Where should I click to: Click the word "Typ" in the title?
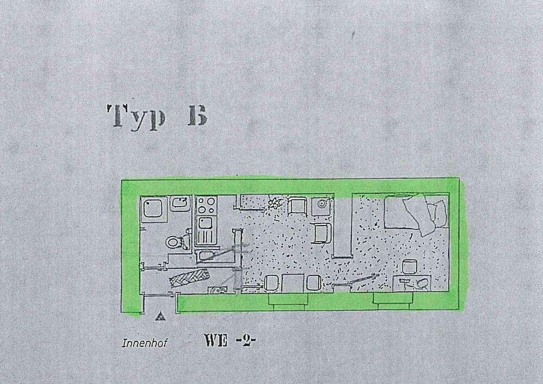click(136, 116)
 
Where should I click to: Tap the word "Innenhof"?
click(140, 343)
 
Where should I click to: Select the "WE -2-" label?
click(230, 341)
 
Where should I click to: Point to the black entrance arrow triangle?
click(160, 316)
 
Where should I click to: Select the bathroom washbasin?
click(180, 204)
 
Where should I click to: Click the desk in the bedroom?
click(412, 281)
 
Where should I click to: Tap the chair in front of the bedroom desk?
click(409, 267)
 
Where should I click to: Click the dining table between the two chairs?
click(292, 283)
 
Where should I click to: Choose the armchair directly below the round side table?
click(322, 233)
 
